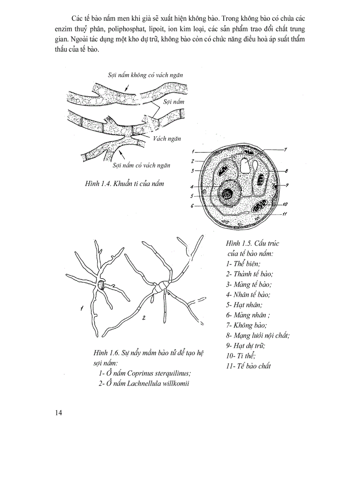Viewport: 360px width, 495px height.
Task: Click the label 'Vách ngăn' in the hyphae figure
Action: pyautogui.click(x=167, y=138)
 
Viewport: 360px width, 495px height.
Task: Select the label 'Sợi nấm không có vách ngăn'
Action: pyautogui.click(x=145, y=75)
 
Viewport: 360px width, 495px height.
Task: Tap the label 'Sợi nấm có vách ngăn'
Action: pyautogui.click(x=141, y=165)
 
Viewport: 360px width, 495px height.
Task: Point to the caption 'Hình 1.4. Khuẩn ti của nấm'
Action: pyautogui.click(x=124, y=183)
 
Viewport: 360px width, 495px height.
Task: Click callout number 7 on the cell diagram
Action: pyautogui.click(x=285, y=150)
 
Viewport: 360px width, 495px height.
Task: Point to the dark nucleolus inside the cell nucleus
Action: pyautogui.click(x=228, y=194)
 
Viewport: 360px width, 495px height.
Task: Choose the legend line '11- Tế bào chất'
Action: pyautogui.click(x=248, y=366)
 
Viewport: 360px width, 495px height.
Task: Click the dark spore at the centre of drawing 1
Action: pyautogui.click(x=101, y=285)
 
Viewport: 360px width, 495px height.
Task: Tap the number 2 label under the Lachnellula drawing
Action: pyautogui.click(x=144, y=317)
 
